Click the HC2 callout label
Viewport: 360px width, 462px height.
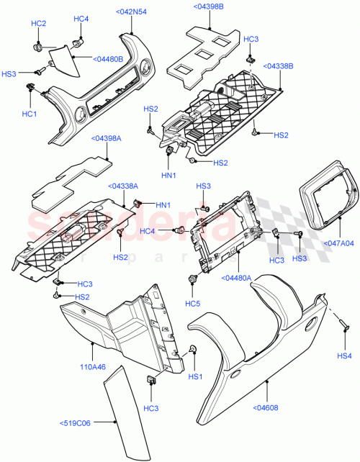click(x=38, y=24)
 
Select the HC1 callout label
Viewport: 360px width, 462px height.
click(x=29, y=113)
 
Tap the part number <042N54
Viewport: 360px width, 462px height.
click(x=132, y=12)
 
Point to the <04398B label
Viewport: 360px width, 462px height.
click(x=208, y=7)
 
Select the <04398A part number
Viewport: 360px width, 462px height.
click(x=106, y=138)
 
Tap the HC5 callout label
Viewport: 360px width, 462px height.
click(x=194, y=302)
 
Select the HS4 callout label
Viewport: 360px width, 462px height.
click(x=345, y=355)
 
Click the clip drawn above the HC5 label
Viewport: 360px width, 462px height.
click(x=192, y=279)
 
